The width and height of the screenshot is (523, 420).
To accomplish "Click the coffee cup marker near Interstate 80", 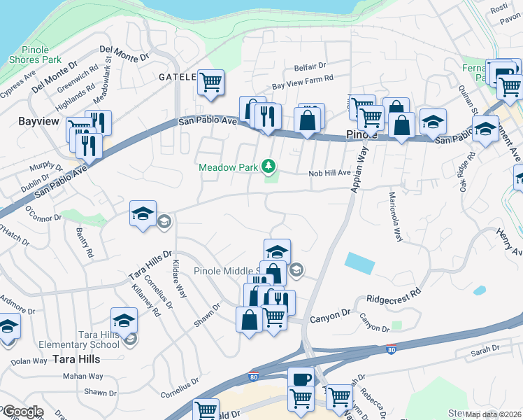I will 301,379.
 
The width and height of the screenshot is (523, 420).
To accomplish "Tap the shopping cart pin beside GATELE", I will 210,83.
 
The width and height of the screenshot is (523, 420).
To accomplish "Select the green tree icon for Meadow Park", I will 268,167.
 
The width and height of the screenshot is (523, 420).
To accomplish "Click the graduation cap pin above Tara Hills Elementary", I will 124,321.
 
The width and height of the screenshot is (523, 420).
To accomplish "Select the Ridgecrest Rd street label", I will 395,293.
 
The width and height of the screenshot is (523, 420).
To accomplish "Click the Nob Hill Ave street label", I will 329,172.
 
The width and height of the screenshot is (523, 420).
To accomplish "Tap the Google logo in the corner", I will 22,412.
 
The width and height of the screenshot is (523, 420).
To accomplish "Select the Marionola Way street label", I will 396,217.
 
